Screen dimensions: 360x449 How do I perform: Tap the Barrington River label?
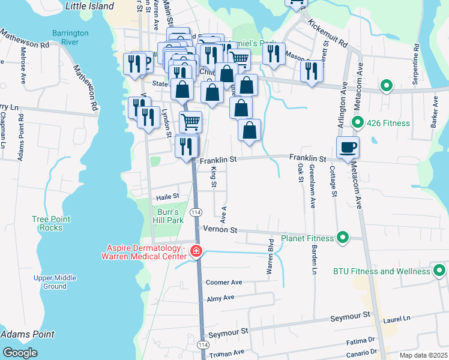coord(70,38)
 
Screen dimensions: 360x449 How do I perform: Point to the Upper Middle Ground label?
coord(55,282)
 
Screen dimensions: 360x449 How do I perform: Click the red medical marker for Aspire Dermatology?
coord(196,251)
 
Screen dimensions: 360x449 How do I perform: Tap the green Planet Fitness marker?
coord(343,238)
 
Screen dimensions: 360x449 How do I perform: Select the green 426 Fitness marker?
coord(358,123)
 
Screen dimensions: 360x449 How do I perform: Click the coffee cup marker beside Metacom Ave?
coord(348,147)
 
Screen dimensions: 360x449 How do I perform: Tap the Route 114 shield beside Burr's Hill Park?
coord(196,212)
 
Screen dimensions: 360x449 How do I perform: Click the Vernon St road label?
coord(220,230)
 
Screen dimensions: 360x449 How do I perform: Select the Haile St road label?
coord(167,196)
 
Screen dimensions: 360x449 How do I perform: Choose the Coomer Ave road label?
coord(223,282)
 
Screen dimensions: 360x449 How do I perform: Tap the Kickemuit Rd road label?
coord(328,34)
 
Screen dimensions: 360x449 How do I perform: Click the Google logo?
coord(20,352)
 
